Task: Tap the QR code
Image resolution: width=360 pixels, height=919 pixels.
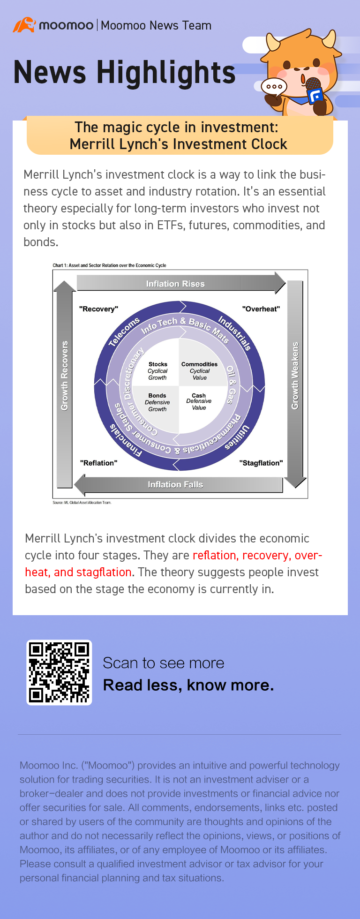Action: [x=59, y=672]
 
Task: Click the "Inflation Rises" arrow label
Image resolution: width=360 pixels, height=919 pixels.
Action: [x=175, y=284]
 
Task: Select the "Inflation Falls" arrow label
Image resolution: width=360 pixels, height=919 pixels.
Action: [x=175, y=484]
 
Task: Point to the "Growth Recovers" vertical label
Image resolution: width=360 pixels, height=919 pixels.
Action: [x=65, y=376]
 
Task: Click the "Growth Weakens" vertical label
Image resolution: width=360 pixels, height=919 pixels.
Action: [x=295, y=376]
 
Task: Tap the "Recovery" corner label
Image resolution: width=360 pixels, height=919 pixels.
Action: [x=98, y=309]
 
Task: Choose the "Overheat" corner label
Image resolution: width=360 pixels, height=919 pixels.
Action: [x=261, y=309]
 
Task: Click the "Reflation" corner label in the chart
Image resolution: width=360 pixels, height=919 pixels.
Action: [x=98, y=463]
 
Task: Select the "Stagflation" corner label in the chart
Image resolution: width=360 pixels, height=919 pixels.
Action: [x=261, y=463]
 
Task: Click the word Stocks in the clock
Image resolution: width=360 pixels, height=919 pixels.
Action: [x=158, y=364]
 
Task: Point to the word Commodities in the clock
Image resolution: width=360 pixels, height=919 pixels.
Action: [x=199, y=364]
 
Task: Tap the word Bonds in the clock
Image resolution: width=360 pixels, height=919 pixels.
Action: [x=157, y=396]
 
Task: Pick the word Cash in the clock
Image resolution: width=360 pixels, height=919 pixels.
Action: [x=199, y=396]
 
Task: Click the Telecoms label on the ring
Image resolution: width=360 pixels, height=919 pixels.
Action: [x=124, y=332]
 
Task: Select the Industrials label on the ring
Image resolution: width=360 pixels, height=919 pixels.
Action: [x=234, y=333]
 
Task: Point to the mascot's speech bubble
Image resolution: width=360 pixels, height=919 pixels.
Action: [x=274, y=87]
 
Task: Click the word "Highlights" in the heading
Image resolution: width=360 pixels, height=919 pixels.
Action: [x=166, y=73]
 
